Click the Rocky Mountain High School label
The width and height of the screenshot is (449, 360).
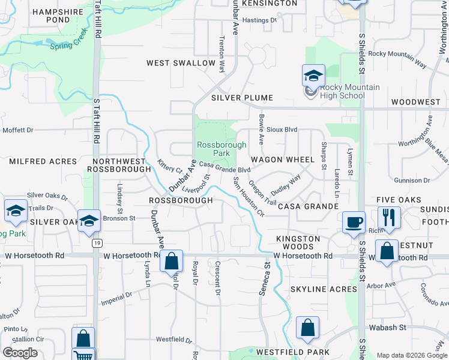click(x=342, y=91)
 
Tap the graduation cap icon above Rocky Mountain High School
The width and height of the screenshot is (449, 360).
click(x=313, y=76)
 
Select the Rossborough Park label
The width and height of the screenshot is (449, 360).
click(x=221, y=149)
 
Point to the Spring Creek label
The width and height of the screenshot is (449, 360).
click(x=70, y=46)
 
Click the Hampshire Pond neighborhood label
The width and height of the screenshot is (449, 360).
click(x=50, y=16)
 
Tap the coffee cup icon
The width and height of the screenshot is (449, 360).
click(x=354, y=221)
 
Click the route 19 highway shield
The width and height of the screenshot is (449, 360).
click(x=96, y=243)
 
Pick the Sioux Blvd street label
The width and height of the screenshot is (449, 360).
click(x=282, y=129)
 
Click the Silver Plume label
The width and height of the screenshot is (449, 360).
click(x=242, y=98)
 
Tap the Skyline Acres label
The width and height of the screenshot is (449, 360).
click(x=324, y=289)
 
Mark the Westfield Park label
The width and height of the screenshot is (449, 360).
click(x=292, y=352)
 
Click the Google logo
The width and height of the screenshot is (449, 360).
click(x=20, y=353)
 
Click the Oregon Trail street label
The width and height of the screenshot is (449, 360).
click(x=262, y=193)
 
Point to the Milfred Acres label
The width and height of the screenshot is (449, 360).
click(x=43, y=161)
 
